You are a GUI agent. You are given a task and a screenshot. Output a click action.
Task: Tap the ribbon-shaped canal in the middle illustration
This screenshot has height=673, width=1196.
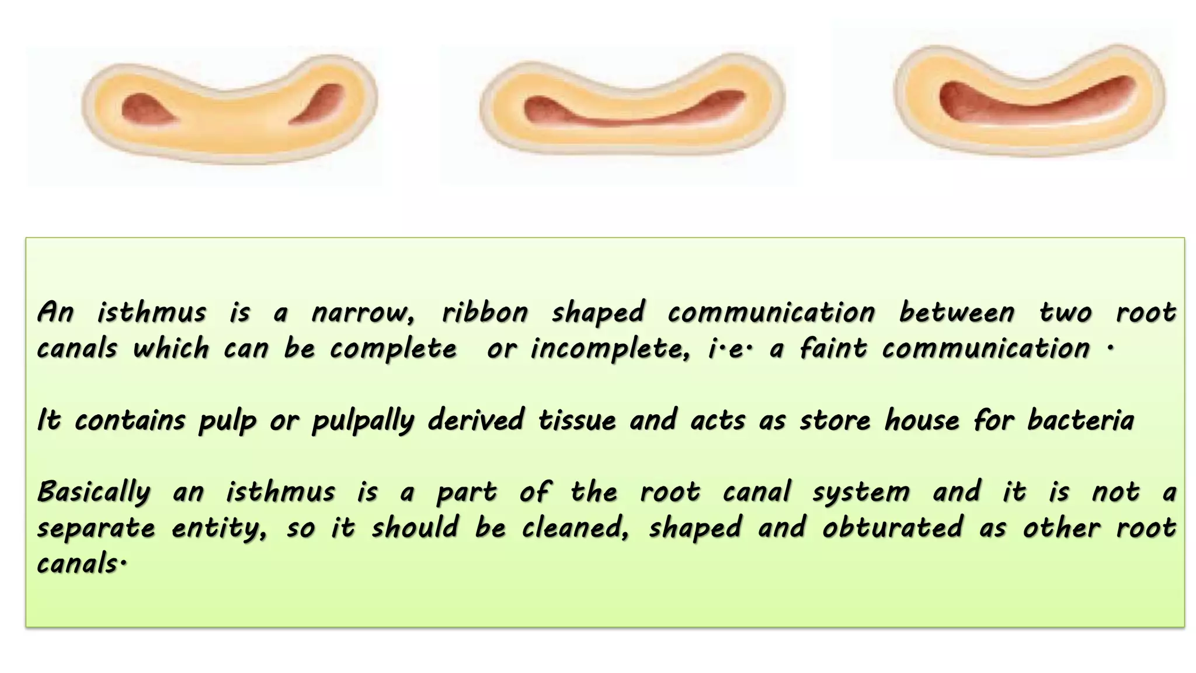[631, 114]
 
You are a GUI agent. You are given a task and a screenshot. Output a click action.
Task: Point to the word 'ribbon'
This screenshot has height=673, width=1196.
[485, 313]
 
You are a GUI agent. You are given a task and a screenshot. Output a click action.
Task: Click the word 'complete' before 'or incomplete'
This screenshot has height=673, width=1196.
[393, 349]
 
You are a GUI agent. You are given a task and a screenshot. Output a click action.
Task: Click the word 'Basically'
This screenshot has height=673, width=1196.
[94, 492]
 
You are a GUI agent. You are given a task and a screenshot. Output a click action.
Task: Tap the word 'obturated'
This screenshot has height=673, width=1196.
[892, 528]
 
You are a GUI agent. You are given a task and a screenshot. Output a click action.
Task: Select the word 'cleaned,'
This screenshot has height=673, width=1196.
[575, 528]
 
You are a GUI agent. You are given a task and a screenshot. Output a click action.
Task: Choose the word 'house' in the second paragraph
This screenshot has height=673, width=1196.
[922, 421]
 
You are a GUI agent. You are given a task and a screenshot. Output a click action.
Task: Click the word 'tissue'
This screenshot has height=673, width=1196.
[576, 421]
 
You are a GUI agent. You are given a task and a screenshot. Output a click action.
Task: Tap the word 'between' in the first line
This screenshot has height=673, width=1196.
[956, 313]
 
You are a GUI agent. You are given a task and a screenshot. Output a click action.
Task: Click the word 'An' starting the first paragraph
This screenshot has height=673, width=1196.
[55, 313]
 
